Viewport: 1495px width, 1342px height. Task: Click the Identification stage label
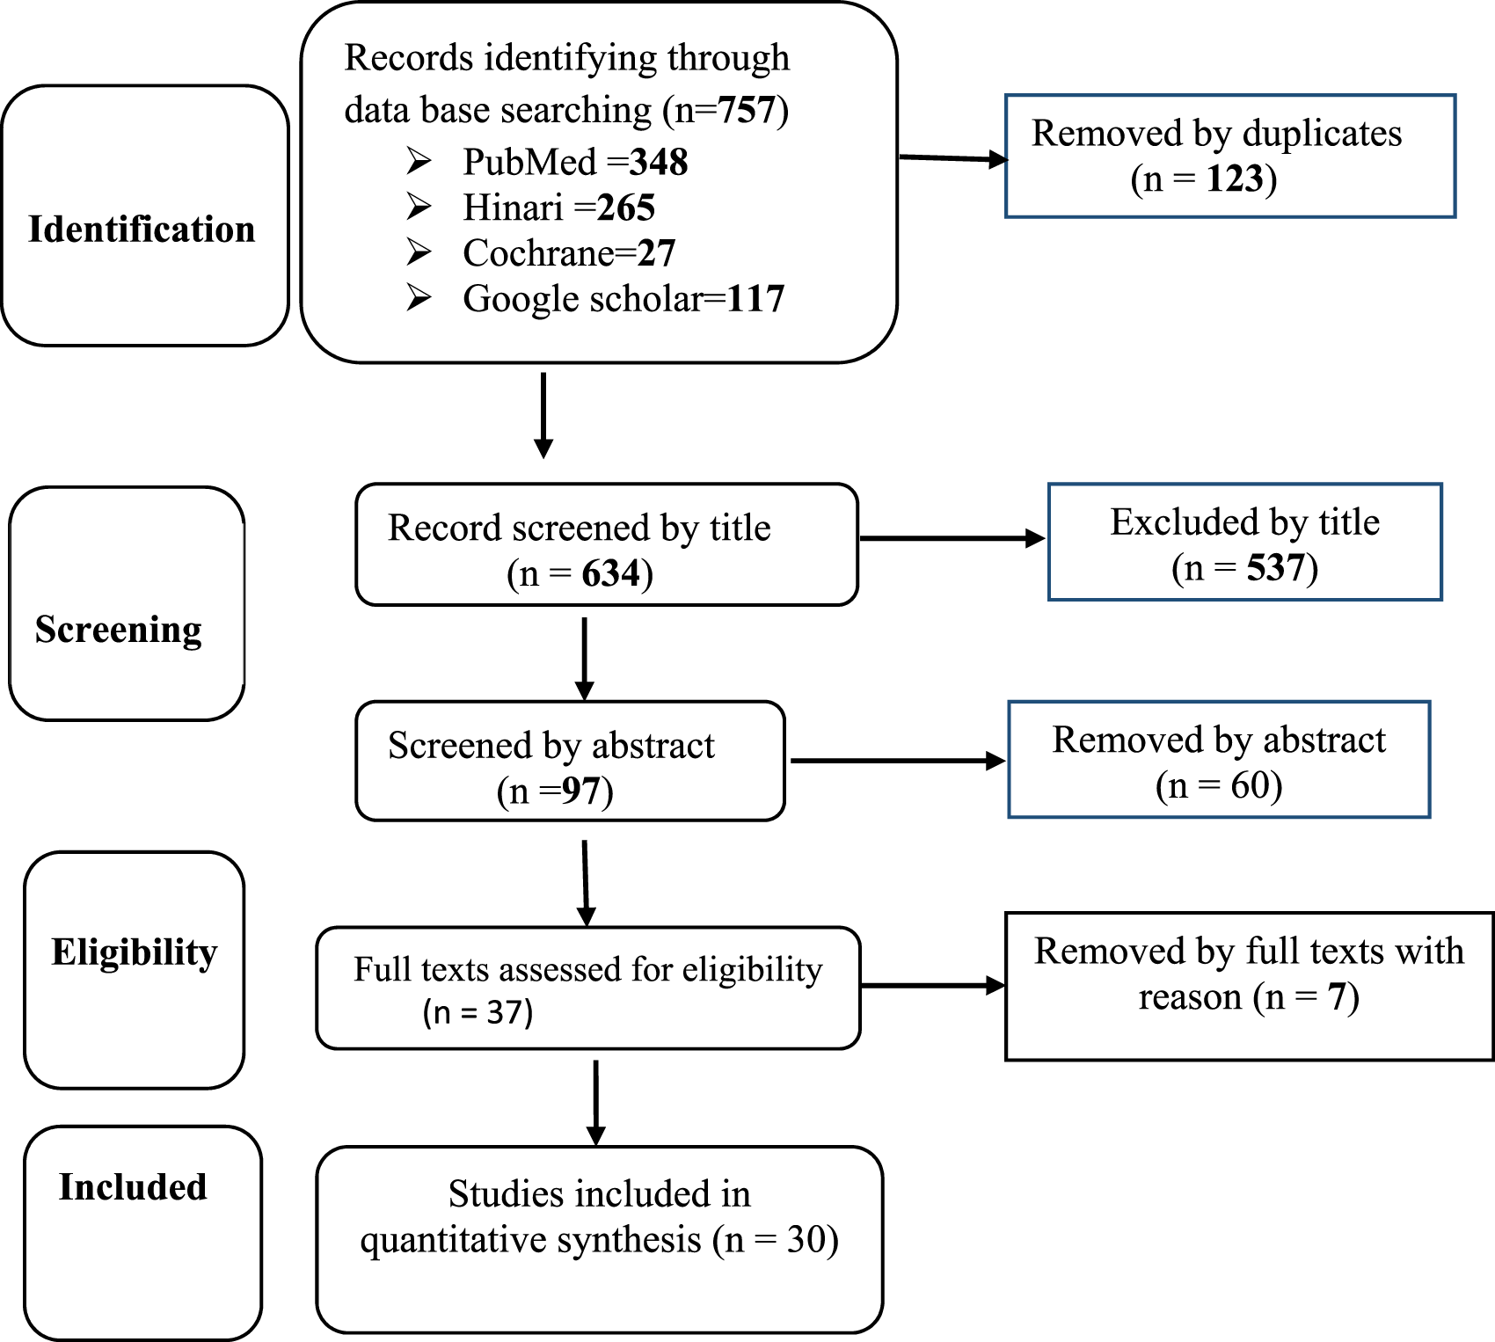click(142, 230)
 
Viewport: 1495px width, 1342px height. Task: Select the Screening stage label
click(119, 630)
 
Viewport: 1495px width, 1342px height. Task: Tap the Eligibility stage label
click(134, 952)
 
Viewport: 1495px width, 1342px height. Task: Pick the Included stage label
click(133, 1187)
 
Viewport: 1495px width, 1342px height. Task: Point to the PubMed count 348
click(659, 163)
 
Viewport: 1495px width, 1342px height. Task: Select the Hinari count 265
click(626, 208)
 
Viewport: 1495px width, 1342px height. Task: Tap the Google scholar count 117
click(755, 300)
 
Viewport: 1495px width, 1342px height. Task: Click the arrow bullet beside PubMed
click(419, 162)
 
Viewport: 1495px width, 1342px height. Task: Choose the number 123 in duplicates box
click(1235, 179)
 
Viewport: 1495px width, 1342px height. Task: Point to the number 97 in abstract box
click(580, 791)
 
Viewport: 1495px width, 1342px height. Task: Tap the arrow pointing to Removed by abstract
click(897, 761)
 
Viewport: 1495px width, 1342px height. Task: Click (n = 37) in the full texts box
click(478, 1012)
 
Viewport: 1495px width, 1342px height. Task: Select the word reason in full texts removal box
click(1190, 998)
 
